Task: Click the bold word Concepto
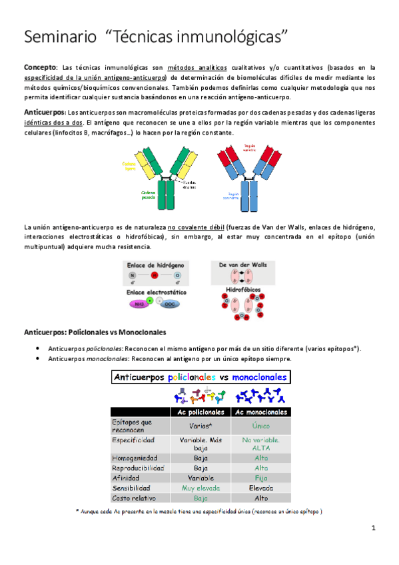[x=39, y=67]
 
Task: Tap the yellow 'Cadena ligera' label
[x=129, y=165]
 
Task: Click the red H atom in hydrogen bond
[x=155, y=275]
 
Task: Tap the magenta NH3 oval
[x=140, y=304]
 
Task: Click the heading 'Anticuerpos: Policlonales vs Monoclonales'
[x=95, y=332]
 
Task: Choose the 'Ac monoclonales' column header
[x=261, y=412]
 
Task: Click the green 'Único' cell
[x=261, y=425]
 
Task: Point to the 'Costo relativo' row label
[x=134, y=498]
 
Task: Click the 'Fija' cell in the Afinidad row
[x=261, y=477]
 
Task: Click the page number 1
[x=374, y=528]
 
